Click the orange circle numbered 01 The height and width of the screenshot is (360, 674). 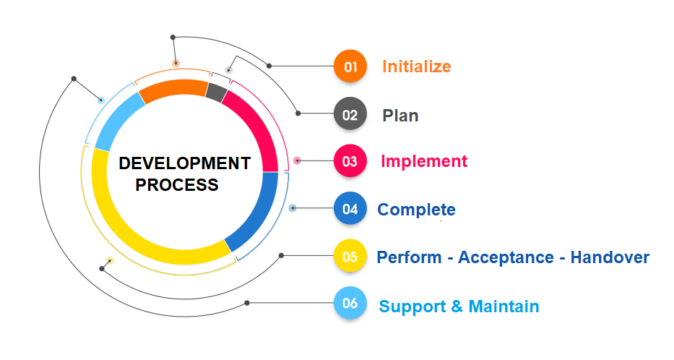pyautogui.click(x=350, y=67)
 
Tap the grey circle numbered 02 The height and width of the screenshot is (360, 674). pyautogui.click(x=350, y=114)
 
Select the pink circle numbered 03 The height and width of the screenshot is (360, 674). pyautogui.click(x=350, y=161)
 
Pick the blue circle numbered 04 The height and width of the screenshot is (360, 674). pyautogui.click(x=350, y=209)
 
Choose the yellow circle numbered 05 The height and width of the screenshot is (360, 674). pyautogui.click(x=350, y=256)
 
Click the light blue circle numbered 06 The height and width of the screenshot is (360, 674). pyautogui.click(x=350, y=304)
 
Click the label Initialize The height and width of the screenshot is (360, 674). pyautogui.click(x=416, y=67)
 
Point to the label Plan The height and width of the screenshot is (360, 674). pyautogui.click(x=400, y=115)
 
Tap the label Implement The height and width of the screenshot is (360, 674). pyautogui.click(x=424, y=161)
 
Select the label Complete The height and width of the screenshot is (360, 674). pyautogui.click(x=416, y=210)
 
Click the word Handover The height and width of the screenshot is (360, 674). pyautogui.click(x=610, y=257)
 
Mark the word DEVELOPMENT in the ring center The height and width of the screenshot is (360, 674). pyautogui.click(x=185, y=163)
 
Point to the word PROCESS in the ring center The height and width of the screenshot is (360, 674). pyautogui.click(x=177, y=185)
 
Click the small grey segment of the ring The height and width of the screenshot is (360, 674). pyautogui.click(x=216, y=92)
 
